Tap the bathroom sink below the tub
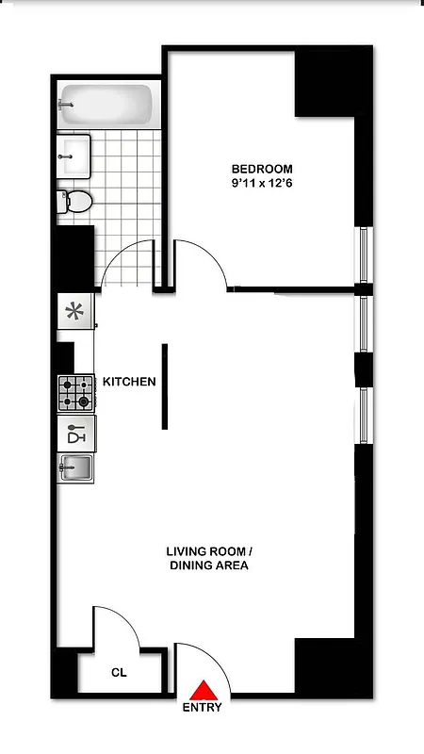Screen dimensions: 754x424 (x=74, y=156)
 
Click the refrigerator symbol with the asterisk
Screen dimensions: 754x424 (x=75, y=311)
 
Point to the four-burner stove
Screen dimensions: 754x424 (x=76, y=393)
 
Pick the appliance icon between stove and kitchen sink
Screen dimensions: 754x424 (x=76, y=434)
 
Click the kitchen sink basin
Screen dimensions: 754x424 (x=76, y=466)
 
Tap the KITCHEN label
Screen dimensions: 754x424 (x=128, y=382)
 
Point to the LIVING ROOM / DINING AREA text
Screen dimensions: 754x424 (x=208, y=558)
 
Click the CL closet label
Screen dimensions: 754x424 (x=119, y=674)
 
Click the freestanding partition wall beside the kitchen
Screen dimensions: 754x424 (x=165, y=386)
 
